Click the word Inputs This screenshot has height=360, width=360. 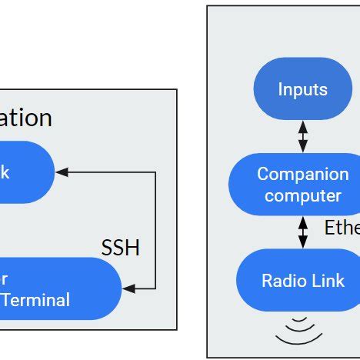coord(302,89)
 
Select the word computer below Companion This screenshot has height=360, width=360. coord(302,195)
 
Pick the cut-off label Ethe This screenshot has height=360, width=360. coord(342,228)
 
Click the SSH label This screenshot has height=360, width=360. coord(121,248)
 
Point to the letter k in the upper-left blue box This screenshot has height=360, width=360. coord(5,172)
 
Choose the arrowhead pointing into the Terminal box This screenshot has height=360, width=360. coord(128,288)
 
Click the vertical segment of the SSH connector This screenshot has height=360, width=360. coord(155,231)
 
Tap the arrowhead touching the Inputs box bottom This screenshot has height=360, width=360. coord(302,125)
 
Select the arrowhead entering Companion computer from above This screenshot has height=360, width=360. coord(302,148)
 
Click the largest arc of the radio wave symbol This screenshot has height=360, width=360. coord(299,339)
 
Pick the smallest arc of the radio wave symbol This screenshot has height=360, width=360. coord(300,318)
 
